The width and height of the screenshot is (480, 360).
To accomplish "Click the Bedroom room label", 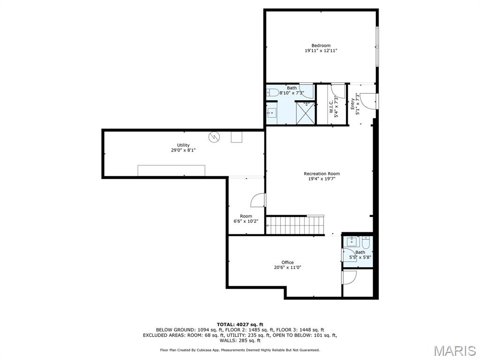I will click(321, 45).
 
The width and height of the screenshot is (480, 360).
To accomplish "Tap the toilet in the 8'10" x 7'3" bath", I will click(272, 92).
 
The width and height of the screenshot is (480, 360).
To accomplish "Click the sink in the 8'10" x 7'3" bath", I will click(271, 113).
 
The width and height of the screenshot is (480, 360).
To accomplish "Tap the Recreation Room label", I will click(322, 174).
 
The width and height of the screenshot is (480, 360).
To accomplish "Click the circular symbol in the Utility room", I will click(214, 137).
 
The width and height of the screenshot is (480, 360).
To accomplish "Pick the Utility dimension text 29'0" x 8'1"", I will click(183, 150).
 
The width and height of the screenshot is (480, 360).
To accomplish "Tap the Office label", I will click(287, 262).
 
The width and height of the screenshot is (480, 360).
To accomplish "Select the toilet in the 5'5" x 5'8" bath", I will click(366, 242).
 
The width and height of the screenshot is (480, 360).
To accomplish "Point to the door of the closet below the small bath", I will click(349, 278).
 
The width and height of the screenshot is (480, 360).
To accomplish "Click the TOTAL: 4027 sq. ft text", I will click(240, 324).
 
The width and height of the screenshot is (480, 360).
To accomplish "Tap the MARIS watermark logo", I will click(454, 351).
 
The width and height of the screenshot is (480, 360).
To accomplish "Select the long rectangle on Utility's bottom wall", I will click(172, 171).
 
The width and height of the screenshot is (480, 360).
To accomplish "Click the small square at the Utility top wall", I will click(237, 136).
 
